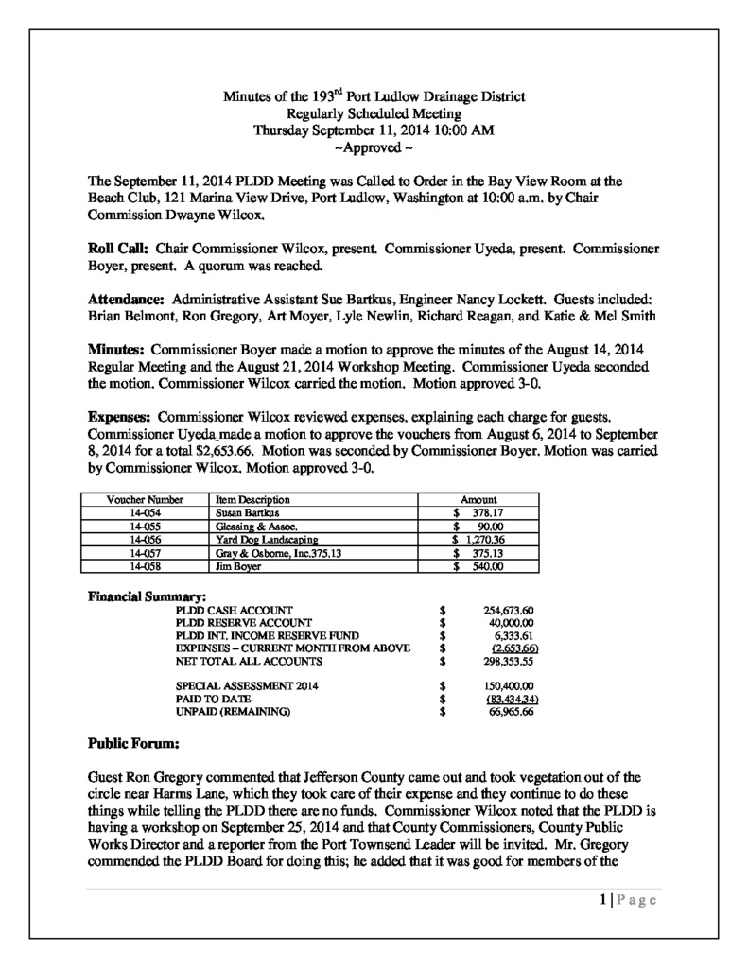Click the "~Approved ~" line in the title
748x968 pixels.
(x=374, y=147)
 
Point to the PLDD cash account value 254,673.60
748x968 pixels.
(x=509, y=610)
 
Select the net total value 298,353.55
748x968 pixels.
(x=509, y=662)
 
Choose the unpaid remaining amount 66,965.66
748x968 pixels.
(x=511, y=711)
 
